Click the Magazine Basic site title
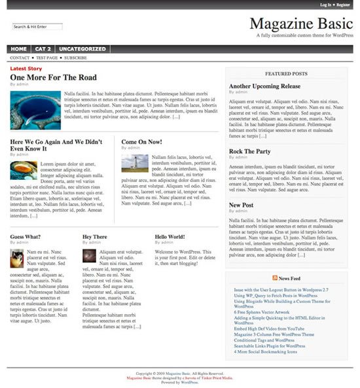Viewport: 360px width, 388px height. [301, 24]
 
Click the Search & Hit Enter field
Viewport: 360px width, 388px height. [37, 27]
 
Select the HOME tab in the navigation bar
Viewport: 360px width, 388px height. [19, 49]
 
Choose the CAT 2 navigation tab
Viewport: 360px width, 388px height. [43, 49]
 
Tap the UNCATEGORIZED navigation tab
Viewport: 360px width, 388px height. [82, 49]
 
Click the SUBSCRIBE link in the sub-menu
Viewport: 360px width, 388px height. [75, 58]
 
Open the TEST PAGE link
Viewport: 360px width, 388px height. [46, 58]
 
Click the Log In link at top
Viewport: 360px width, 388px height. [325, 5]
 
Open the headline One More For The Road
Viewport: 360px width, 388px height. [54, 77]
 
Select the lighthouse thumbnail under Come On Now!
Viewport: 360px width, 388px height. [134, 163]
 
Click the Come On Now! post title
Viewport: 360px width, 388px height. [141, 141]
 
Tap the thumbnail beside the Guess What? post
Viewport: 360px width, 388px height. [17, 258]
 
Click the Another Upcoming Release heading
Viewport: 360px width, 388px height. [264, 86]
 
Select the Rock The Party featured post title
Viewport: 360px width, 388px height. [249, 151]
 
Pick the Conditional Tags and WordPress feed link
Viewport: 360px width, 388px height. [264, 340]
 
